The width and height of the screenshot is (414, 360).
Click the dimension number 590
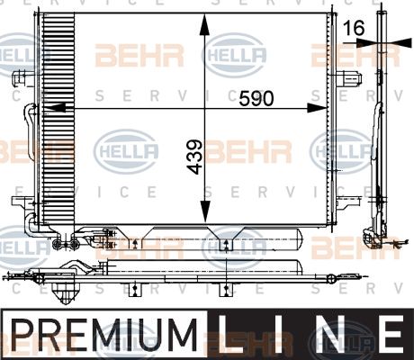tap(256, 98)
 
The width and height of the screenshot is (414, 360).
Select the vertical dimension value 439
tap(194, 157)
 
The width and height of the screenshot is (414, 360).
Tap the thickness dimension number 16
tap(354, 28)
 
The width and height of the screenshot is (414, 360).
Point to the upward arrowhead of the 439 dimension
tap(204, 25)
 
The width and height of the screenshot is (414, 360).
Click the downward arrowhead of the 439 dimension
tap(205, 211)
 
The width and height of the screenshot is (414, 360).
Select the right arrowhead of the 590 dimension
tap(317, 108)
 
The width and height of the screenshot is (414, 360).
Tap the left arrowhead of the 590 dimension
tap(55, 107)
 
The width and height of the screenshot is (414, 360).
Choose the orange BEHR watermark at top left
tap(139, 56)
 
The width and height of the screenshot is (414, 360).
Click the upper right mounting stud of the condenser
tap(349, 78)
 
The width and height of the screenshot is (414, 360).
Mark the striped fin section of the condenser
tap(58, 119)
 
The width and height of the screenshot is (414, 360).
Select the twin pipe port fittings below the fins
tap(65, 244)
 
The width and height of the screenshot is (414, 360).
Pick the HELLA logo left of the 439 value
tap(126, 151)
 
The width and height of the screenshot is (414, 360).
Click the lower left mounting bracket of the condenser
tap(23, 202)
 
